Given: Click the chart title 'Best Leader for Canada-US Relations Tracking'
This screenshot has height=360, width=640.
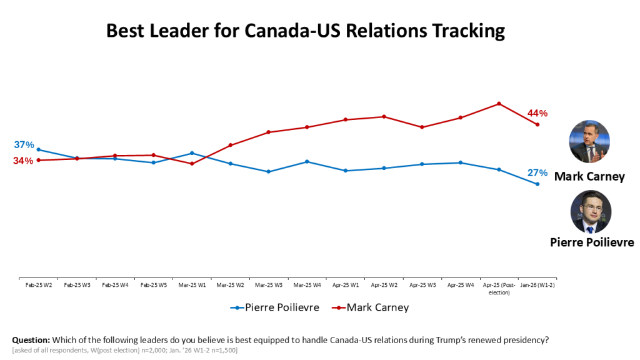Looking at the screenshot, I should pyautogui.click(x=305, y=31).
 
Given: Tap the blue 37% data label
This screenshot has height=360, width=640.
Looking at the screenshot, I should pyautogui.click(x=24, y=145).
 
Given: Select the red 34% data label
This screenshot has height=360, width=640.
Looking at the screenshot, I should pyautogui.click(x=23, y=161).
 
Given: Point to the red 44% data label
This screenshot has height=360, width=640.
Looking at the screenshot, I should pyautogui.click(x=537, y=113).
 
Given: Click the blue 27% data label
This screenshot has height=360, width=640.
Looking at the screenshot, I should pyautogui.click(x=537, y=172).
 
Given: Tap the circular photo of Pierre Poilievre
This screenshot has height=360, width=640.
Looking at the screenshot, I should pyautogui.click(x=591, y=212).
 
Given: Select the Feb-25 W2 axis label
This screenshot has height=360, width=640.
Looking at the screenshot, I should pyautogui.click(x=38, y=285).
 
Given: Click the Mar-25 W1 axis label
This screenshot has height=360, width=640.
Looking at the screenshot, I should pyautogui.click(x=192, y=285).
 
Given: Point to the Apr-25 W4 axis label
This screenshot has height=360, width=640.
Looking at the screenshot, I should pyautogui.click(x=461, y=285).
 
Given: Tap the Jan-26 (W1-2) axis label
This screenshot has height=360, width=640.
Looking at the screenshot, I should pyautogui.click(x=537, y=285).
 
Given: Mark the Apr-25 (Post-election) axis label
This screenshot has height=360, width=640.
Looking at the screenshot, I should pyautogui.click(x=499, y=288).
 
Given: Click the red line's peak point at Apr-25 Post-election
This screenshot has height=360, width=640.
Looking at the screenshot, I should pyautogui.click(x=499, y=104).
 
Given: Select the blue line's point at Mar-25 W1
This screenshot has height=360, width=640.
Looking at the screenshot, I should pyautogui.click(x=192, y=153).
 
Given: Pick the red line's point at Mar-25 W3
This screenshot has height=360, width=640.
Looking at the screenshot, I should pyautogui.click(x=269, y=132).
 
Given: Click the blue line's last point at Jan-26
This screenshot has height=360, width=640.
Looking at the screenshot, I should pyautogui.click(x=537, y=184).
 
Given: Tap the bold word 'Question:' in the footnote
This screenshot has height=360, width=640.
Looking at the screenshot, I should pyautogui.click(x=31, y=340).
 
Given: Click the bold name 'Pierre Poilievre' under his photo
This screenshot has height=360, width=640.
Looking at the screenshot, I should pyautogui.click(x=592, y=242).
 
